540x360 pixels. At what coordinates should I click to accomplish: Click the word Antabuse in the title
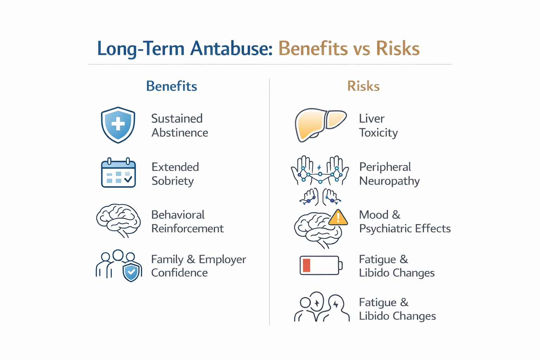[x=231, y=49]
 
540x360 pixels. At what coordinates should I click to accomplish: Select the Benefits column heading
[x=172, y=86]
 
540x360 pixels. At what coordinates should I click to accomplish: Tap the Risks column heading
[x=363, y=86]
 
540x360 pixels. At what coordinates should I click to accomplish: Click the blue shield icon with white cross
[x=118, y=125]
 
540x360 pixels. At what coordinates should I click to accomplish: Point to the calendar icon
[x=118, y=173]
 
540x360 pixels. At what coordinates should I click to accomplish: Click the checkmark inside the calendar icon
[x=128, y=179]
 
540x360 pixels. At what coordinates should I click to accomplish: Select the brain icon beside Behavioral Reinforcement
[x=118, y=220]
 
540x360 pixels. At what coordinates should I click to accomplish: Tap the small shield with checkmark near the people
[x=131, y=272]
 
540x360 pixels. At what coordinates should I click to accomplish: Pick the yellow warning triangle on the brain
[x=338, y=218]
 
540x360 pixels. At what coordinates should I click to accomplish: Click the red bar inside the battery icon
[x=306, y=265]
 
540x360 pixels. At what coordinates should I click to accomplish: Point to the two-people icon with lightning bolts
[x=321, y=307]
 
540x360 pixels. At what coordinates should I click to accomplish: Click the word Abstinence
[x=180, y=133]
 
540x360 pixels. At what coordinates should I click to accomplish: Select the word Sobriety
[x=173, y=181]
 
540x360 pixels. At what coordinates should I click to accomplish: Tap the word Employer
[x=222, y=259]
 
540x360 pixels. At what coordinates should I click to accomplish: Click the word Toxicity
[x=378, y=133]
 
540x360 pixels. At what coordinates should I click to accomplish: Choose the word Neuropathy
[x=389, y=181]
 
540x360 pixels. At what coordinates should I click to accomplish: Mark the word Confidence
[x=179, y=273]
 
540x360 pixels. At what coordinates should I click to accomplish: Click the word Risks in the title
[x=398, y=49]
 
